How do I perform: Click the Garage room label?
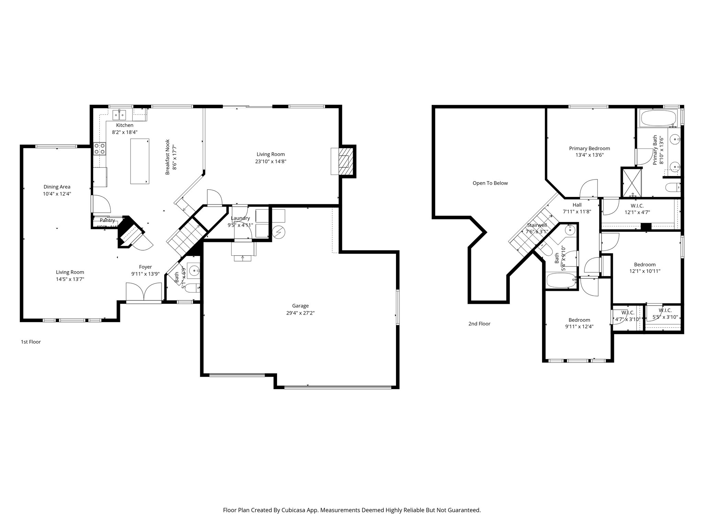click(x=300, y=306)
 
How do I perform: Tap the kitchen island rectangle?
click(x=140, y=161)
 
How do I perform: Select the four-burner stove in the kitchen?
click(x=100, y=148)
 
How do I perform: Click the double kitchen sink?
click(x=120, y=114)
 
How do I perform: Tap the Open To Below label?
click(x=490, y=183)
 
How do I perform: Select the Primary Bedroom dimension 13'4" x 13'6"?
click(x=590, y=155)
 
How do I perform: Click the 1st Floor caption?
click(x=31, y=342)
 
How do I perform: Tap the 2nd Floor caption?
click(x=479, y=323)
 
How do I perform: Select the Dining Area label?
click(x=57, y=187)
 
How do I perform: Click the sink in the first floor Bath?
click(x=195, y=271)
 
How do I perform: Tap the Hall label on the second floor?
click(x=577, y=205)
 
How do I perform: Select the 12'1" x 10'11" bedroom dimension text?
click(x=645, y=271)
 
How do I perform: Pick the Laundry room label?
click(x=240, y=218)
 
